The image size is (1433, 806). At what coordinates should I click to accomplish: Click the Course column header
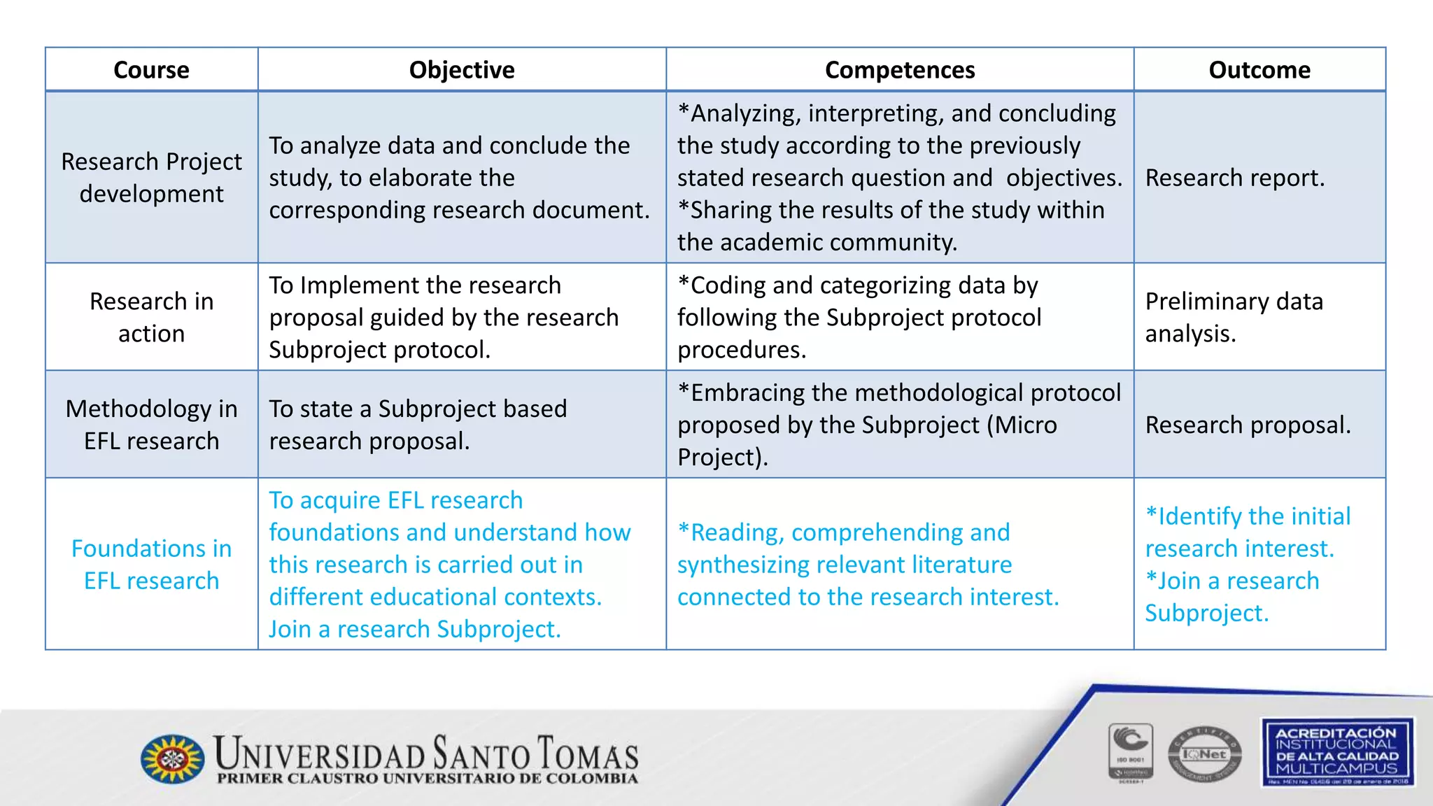tap(151, 70)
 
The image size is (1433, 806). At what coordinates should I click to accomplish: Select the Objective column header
tap(462, 70)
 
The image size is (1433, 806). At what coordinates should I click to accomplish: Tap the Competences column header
tap(900, 70)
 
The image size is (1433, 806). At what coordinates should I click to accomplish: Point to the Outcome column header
tap(1259, 70)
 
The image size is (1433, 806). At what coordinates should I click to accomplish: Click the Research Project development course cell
tap(151, 178)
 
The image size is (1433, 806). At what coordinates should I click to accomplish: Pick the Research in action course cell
tap(151, 318)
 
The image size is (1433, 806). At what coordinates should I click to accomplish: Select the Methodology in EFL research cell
tap(151, 425)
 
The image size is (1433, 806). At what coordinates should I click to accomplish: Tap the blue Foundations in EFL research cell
tap(151, 565)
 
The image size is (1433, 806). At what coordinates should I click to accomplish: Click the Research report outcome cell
tap(1235, 178)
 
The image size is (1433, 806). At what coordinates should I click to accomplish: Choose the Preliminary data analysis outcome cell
tap(1234, 318)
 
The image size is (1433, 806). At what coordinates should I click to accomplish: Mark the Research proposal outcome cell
tap(1248, 425)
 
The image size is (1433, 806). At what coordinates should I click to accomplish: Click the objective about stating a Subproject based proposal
tap(418, 425)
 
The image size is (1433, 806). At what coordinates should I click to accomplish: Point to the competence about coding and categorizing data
tap(859, 318)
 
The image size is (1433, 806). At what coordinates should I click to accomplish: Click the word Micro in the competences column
tap(1029, 425)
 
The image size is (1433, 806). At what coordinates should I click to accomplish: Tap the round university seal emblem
tap(173, 758)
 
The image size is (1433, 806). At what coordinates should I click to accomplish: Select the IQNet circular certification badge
tap(1204, 754)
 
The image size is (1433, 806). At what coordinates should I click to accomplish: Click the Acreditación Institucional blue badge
tap(1337, 751)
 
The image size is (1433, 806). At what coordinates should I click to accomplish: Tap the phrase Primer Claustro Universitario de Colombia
tap(427, 779)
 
